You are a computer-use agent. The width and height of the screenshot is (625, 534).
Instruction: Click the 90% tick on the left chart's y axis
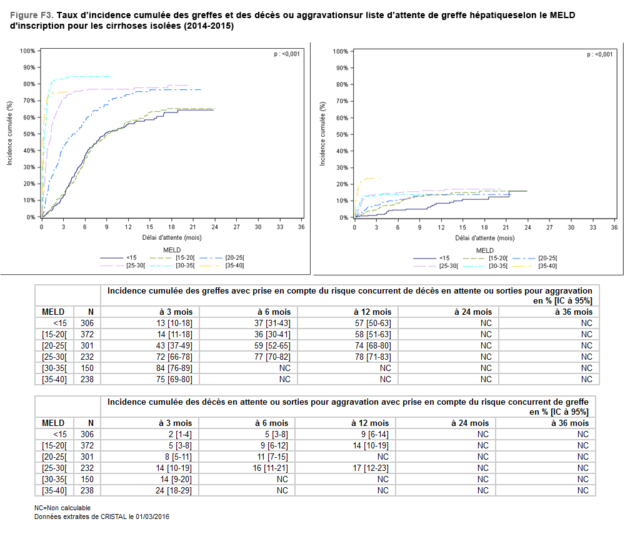(27, 67)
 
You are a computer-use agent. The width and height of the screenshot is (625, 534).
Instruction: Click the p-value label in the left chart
(287, 54)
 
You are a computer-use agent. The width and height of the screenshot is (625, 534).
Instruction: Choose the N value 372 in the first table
(86, 334)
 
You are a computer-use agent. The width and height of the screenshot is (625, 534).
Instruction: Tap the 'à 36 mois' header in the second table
(570, 423)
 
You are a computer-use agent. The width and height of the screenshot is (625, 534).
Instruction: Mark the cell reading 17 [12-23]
(373, 468)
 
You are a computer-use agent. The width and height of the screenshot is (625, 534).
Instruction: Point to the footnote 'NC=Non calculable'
(62, 508)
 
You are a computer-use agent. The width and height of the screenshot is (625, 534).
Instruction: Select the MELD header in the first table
(53, 312)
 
